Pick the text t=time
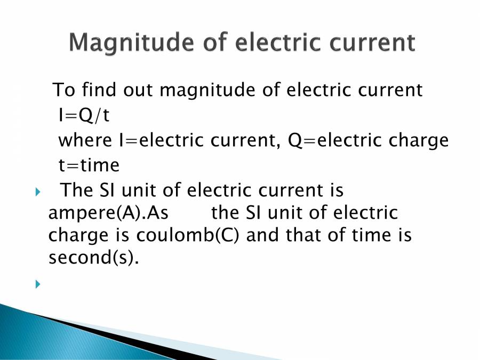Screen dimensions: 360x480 [x=89, y=165]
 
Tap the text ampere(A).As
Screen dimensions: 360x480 [x=108, y=213]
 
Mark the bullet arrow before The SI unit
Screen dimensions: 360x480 [x=38, y=191]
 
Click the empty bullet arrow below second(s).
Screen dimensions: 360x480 [x=38, y=284]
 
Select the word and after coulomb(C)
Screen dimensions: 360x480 [x=263, y=235]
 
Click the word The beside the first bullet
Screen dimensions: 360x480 [x=77, y=190]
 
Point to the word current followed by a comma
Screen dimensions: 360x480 [x=245, y=140]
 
